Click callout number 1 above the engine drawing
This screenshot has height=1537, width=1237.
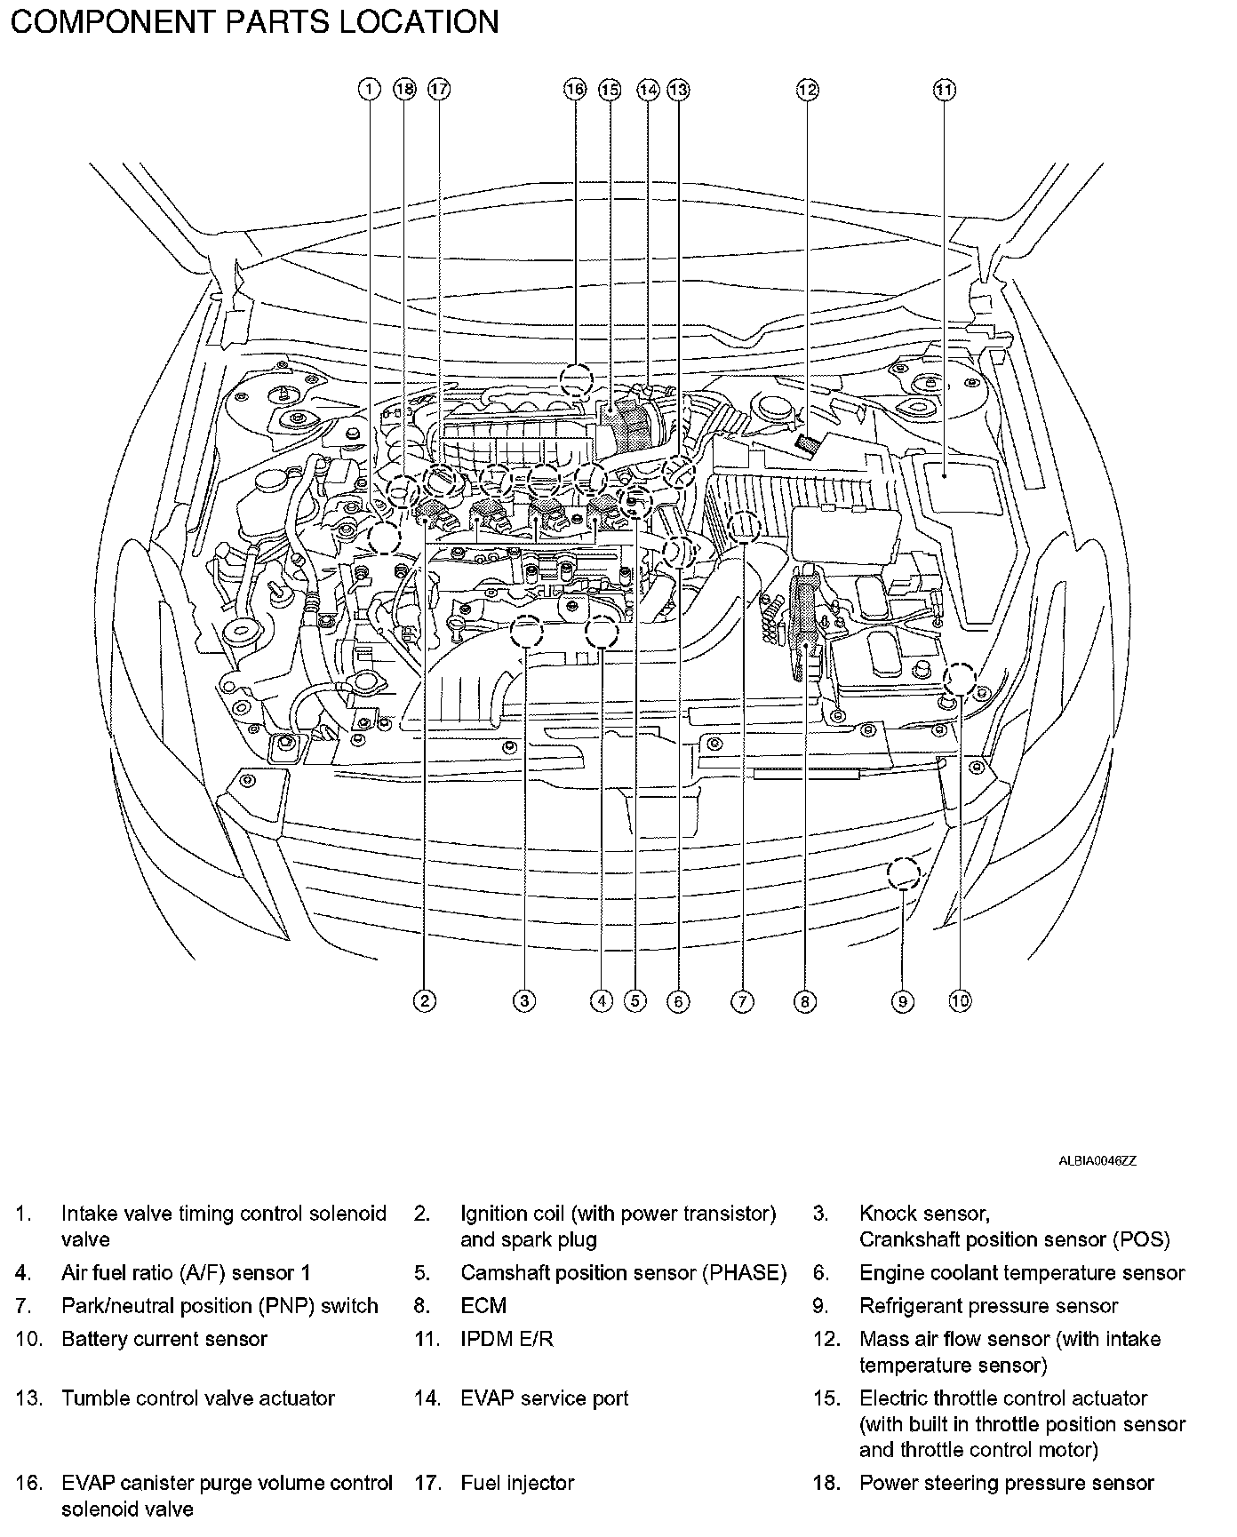point(369,89)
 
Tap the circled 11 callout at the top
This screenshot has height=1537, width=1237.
point(944,89)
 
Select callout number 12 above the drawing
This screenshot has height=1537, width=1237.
point(807,89)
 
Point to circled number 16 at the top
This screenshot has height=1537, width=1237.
point(575,89)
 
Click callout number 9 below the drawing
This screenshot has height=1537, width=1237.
point(902,1001)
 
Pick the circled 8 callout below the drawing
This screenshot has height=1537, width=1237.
point(804,1001)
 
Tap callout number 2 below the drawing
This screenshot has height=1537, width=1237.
point(425,1001)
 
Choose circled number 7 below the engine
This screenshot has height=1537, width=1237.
point(742,1001)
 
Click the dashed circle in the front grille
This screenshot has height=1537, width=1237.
point(904,873)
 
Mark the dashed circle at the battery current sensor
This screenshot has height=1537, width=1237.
point(960,679)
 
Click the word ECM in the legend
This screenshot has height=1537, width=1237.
point(483,1305)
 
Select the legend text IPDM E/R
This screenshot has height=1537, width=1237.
point(507,1339)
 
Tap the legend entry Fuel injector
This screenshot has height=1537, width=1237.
point(517,1483)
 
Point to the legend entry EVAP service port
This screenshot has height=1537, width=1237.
point(544,1398)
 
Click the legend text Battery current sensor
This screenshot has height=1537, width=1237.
point(164,1339)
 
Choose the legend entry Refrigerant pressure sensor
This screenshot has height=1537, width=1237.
point(988,1305)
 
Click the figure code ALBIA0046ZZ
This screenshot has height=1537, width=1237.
point(1097,1160)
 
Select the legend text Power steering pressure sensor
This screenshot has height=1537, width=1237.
point(1006,1483)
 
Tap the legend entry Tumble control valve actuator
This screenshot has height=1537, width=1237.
point(197,1398)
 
